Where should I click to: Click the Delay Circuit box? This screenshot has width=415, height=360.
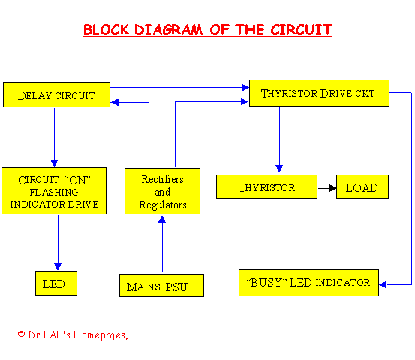pyautogui.click(x=56, y=94)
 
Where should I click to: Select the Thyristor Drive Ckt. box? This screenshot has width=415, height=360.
pyautogui.click(x=319, y=93)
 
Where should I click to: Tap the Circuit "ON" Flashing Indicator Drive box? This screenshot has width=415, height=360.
pyautogui.click(x=54, y=190)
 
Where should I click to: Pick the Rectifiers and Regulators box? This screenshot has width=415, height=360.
pyautogui.click(x=162, y=191)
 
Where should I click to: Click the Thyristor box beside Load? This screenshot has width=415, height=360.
pyautogui.click(x=266, y=187)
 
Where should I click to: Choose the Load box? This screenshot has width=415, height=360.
pyautogui.click(x=362, y=187)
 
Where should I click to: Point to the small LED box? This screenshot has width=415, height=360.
pyautogui.click(x=56, y=283)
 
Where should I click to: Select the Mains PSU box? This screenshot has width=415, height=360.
pyautogui.click(x=161, y=286)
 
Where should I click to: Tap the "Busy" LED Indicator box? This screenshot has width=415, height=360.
pyautogui.click(x=308, y=283)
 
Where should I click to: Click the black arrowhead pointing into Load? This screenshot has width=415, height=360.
pyautogui.click(x=332, y=188)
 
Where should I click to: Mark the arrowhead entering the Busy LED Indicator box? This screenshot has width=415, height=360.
pyautogui.click(x=383, y=284)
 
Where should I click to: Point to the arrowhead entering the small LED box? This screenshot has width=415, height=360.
pyautogui.click(x=58, y=266)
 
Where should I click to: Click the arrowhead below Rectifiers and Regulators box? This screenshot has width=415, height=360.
pyautogui.click(x=162, y=219)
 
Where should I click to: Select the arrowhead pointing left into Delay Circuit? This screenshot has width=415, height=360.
pyautogui.click(x=114, y=102)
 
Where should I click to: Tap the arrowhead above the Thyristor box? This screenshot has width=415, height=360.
pyautogui.click(x=279, y=169)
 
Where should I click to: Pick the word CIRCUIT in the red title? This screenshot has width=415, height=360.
pyautogui.click(x=301, y=30)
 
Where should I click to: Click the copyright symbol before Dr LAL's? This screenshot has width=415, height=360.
pyautogui.click(x=21, y=334)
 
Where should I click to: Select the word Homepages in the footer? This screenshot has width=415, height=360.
pyautogui.click(x=100, y=335)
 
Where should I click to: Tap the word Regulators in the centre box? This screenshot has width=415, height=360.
pyautogui.click(x=163, y=205)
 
